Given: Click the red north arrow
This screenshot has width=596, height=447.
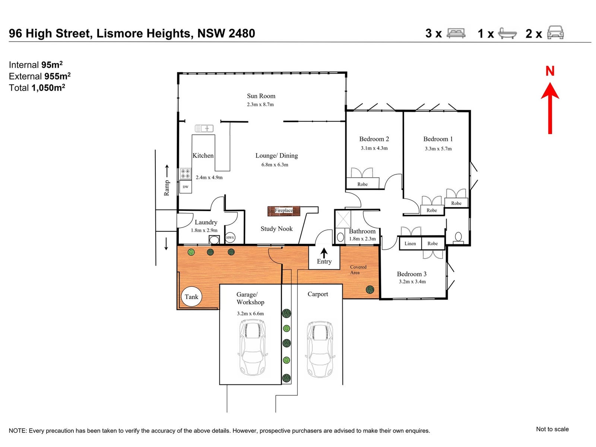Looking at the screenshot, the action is [550, 108].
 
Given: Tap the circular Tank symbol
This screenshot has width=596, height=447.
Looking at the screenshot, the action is [191, 297].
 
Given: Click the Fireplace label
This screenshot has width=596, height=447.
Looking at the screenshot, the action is [284, 211].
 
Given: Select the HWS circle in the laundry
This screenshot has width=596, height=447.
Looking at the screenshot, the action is [230, 238].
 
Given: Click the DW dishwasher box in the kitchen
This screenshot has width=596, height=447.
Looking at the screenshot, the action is [186, 187].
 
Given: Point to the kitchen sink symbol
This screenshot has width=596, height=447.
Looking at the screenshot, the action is [204, 129].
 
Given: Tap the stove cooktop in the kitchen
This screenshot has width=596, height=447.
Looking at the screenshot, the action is [186, 174].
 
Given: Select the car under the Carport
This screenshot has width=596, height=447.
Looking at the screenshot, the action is [320, 349].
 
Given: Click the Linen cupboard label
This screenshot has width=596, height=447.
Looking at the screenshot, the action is [410, 244].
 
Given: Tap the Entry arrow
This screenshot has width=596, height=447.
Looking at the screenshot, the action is [324, 253].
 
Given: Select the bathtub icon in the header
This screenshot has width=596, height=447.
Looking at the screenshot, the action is [507, 33].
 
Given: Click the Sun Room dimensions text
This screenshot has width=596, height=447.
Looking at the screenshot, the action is [260, 105].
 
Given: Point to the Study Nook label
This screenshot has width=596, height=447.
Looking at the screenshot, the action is [276, 229].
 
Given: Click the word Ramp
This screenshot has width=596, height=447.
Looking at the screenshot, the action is [167, 188].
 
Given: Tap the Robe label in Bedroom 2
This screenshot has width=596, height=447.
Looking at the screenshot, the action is [362, 184].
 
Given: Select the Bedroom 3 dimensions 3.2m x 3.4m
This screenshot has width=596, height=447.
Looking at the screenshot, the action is [412, 282].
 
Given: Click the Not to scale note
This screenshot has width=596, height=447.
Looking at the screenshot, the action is [552, 429].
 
